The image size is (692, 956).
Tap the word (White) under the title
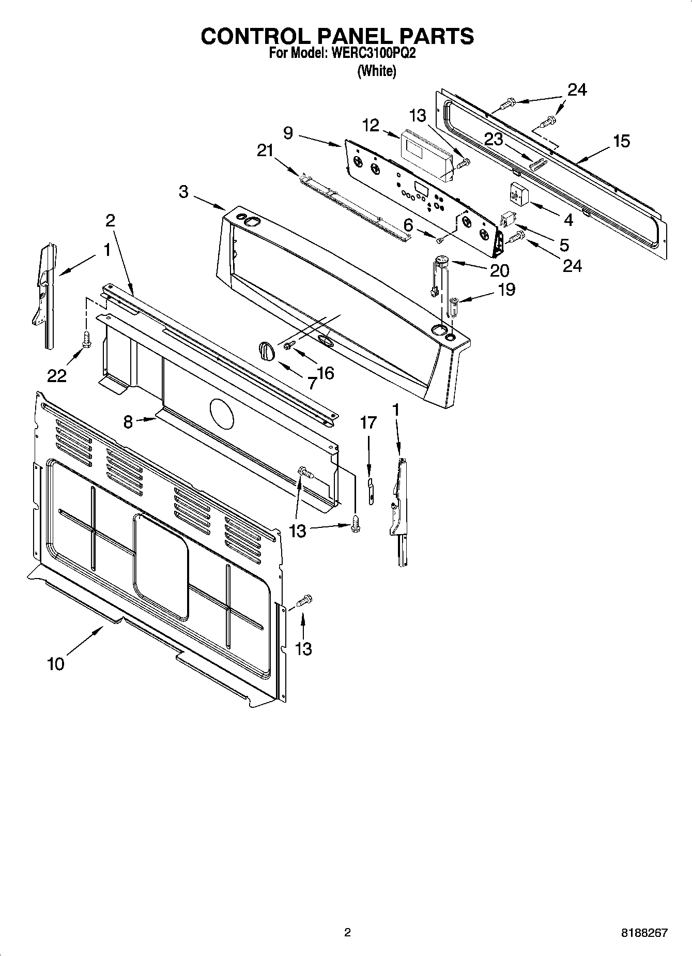point(377,71)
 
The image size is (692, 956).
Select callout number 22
point(57,376)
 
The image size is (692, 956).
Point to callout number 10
point(55,664)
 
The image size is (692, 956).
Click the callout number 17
point(368,422)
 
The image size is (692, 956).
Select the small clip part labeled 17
point(370,491)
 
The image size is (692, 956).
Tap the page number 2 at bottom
point(347,933)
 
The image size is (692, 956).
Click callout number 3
point(183,192)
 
